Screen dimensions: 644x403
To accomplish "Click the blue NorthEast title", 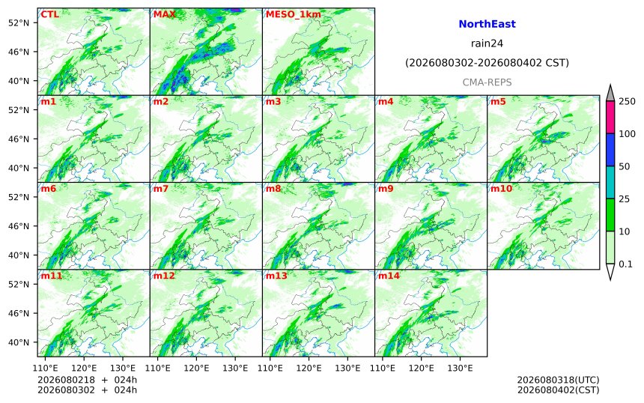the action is [487, 24].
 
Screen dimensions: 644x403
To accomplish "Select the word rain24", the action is [487, 43].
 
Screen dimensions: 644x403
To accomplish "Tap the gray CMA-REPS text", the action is [487, 82].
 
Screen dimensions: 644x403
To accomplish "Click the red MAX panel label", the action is [164, 14].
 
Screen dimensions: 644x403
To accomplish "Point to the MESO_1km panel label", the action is [294, 15].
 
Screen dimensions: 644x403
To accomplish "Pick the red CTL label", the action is [49, 14].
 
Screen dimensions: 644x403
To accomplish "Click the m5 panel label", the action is [498, 101].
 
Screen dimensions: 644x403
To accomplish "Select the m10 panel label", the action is [501, 189].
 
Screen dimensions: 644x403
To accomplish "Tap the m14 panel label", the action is [389, 276].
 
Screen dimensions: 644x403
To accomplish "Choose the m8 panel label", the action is [273, 189].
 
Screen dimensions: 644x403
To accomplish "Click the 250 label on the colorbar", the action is [627, 101].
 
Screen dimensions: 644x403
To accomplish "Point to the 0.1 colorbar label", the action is [625, 264].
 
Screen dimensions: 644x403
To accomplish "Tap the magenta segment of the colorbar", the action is [610, 117].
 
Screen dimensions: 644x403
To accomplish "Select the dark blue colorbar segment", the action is [610, 150].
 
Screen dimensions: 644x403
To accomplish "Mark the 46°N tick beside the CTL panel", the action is [19, 52].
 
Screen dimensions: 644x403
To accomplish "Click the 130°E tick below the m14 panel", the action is [460, 368].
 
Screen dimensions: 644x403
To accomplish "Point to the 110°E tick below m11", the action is [45, 368].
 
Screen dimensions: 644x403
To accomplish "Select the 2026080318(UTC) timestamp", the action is [558, 380].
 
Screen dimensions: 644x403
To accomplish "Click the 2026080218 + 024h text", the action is [87, 380].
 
